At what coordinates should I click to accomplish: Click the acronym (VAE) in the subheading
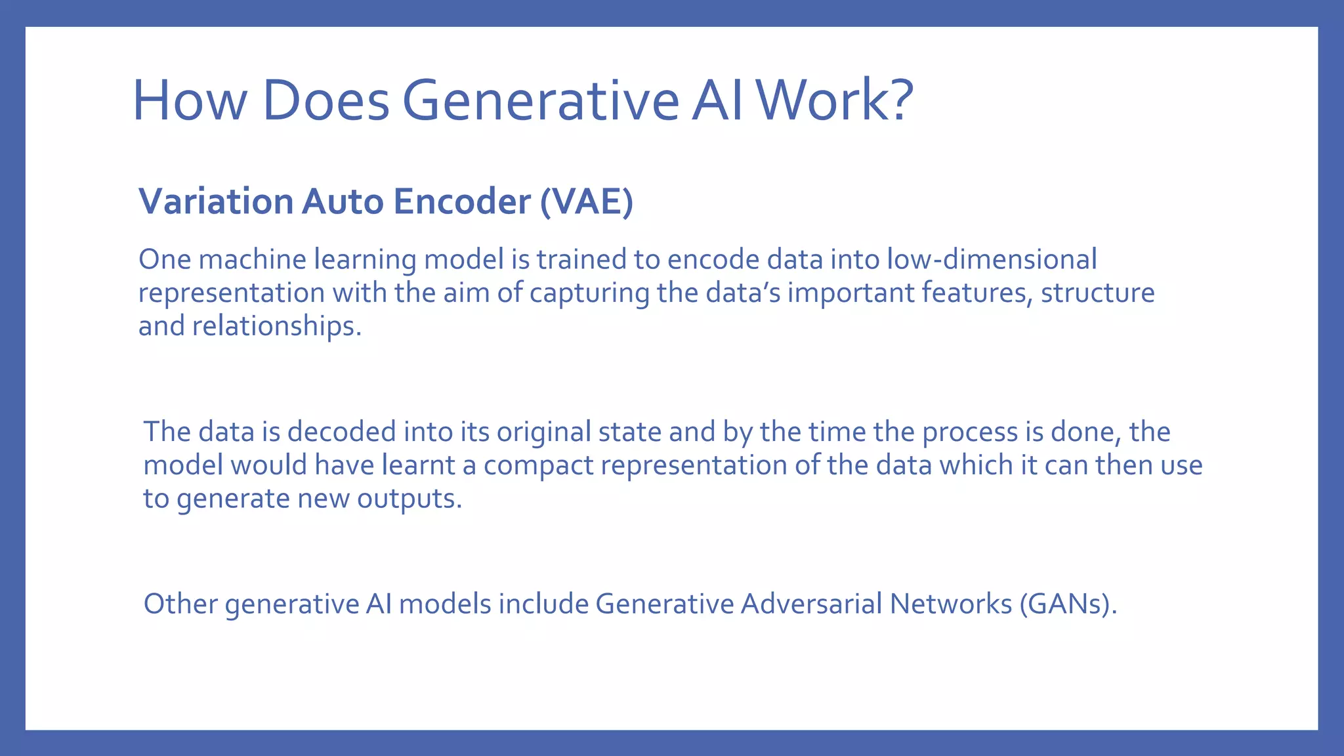pyautogui.click(x=586, y=201)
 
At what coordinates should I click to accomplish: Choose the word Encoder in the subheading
pyautogui.click(x=461, y=201)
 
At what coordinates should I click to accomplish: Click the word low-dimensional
pyautogui.click(x=992, y=259)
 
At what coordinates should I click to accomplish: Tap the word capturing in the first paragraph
pyautogui.click(x=589, y=293)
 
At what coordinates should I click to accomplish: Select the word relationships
pyautogui.click(x=276, y=326)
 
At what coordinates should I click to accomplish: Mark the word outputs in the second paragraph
pyautogui.click(x=409, y=499)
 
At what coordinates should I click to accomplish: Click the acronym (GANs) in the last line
pyautogui.click(x=1068, y=604)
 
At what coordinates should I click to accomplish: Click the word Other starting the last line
pyautogui.click(x=180, y=604)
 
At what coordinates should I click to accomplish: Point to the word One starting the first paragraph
pyautogui.click(x=165, y=260)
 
